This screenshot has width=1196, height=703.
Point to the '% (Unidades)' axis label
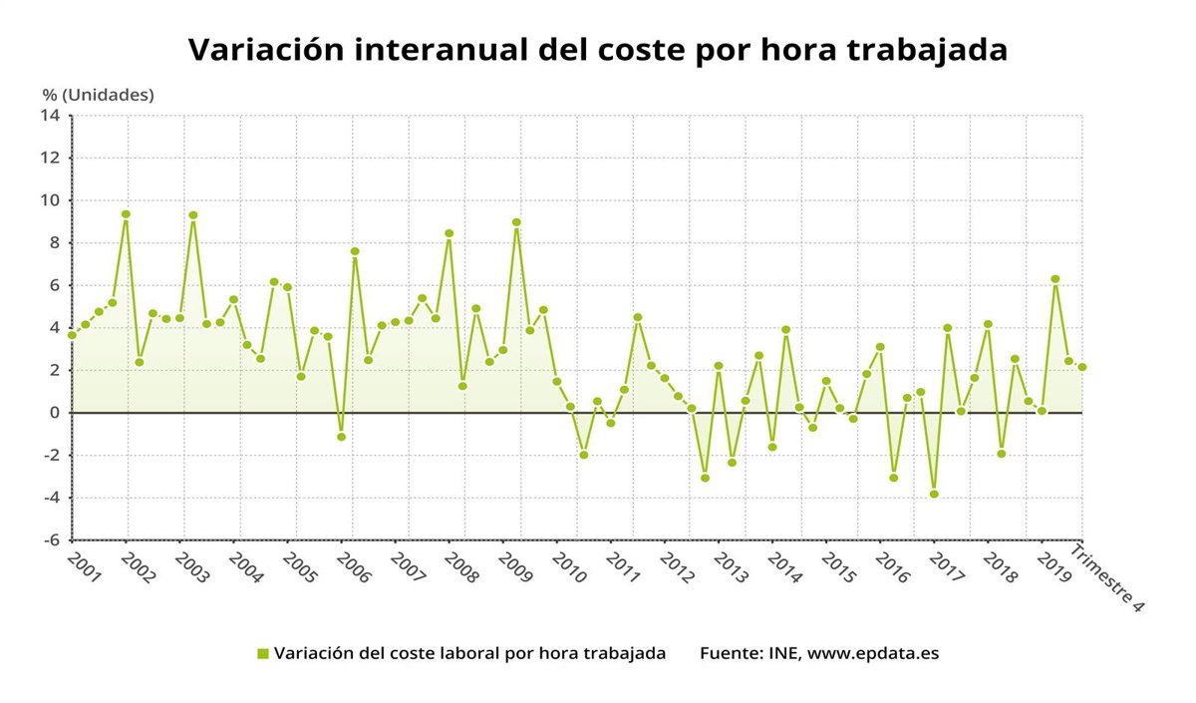(x=98, y=95)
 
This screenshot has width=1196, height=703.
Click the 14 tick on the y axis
(x=51, y=116)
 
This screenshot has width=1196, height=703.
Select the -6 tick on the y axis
(x=51, y=539)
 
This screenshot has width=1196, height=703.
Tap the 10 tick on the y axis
(x=51, y=200)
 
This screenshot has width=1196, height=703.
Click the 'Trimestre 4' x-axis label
(x=1107, y=577)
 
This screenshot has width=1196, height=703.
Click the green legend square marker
(x=263, y=654)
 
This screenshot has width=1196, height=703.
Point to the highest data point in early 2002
(x=126, y=214)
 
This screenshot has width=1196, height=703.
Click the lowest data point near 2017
(x=934, y=494)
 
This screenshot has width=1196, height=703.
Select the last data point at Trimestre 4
(x=1082, y=367)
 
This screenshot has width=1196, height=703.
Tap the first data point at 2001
(x=72, y=335)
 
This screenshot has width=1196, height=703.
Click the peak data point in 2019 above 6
(x=1055, y=279)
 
